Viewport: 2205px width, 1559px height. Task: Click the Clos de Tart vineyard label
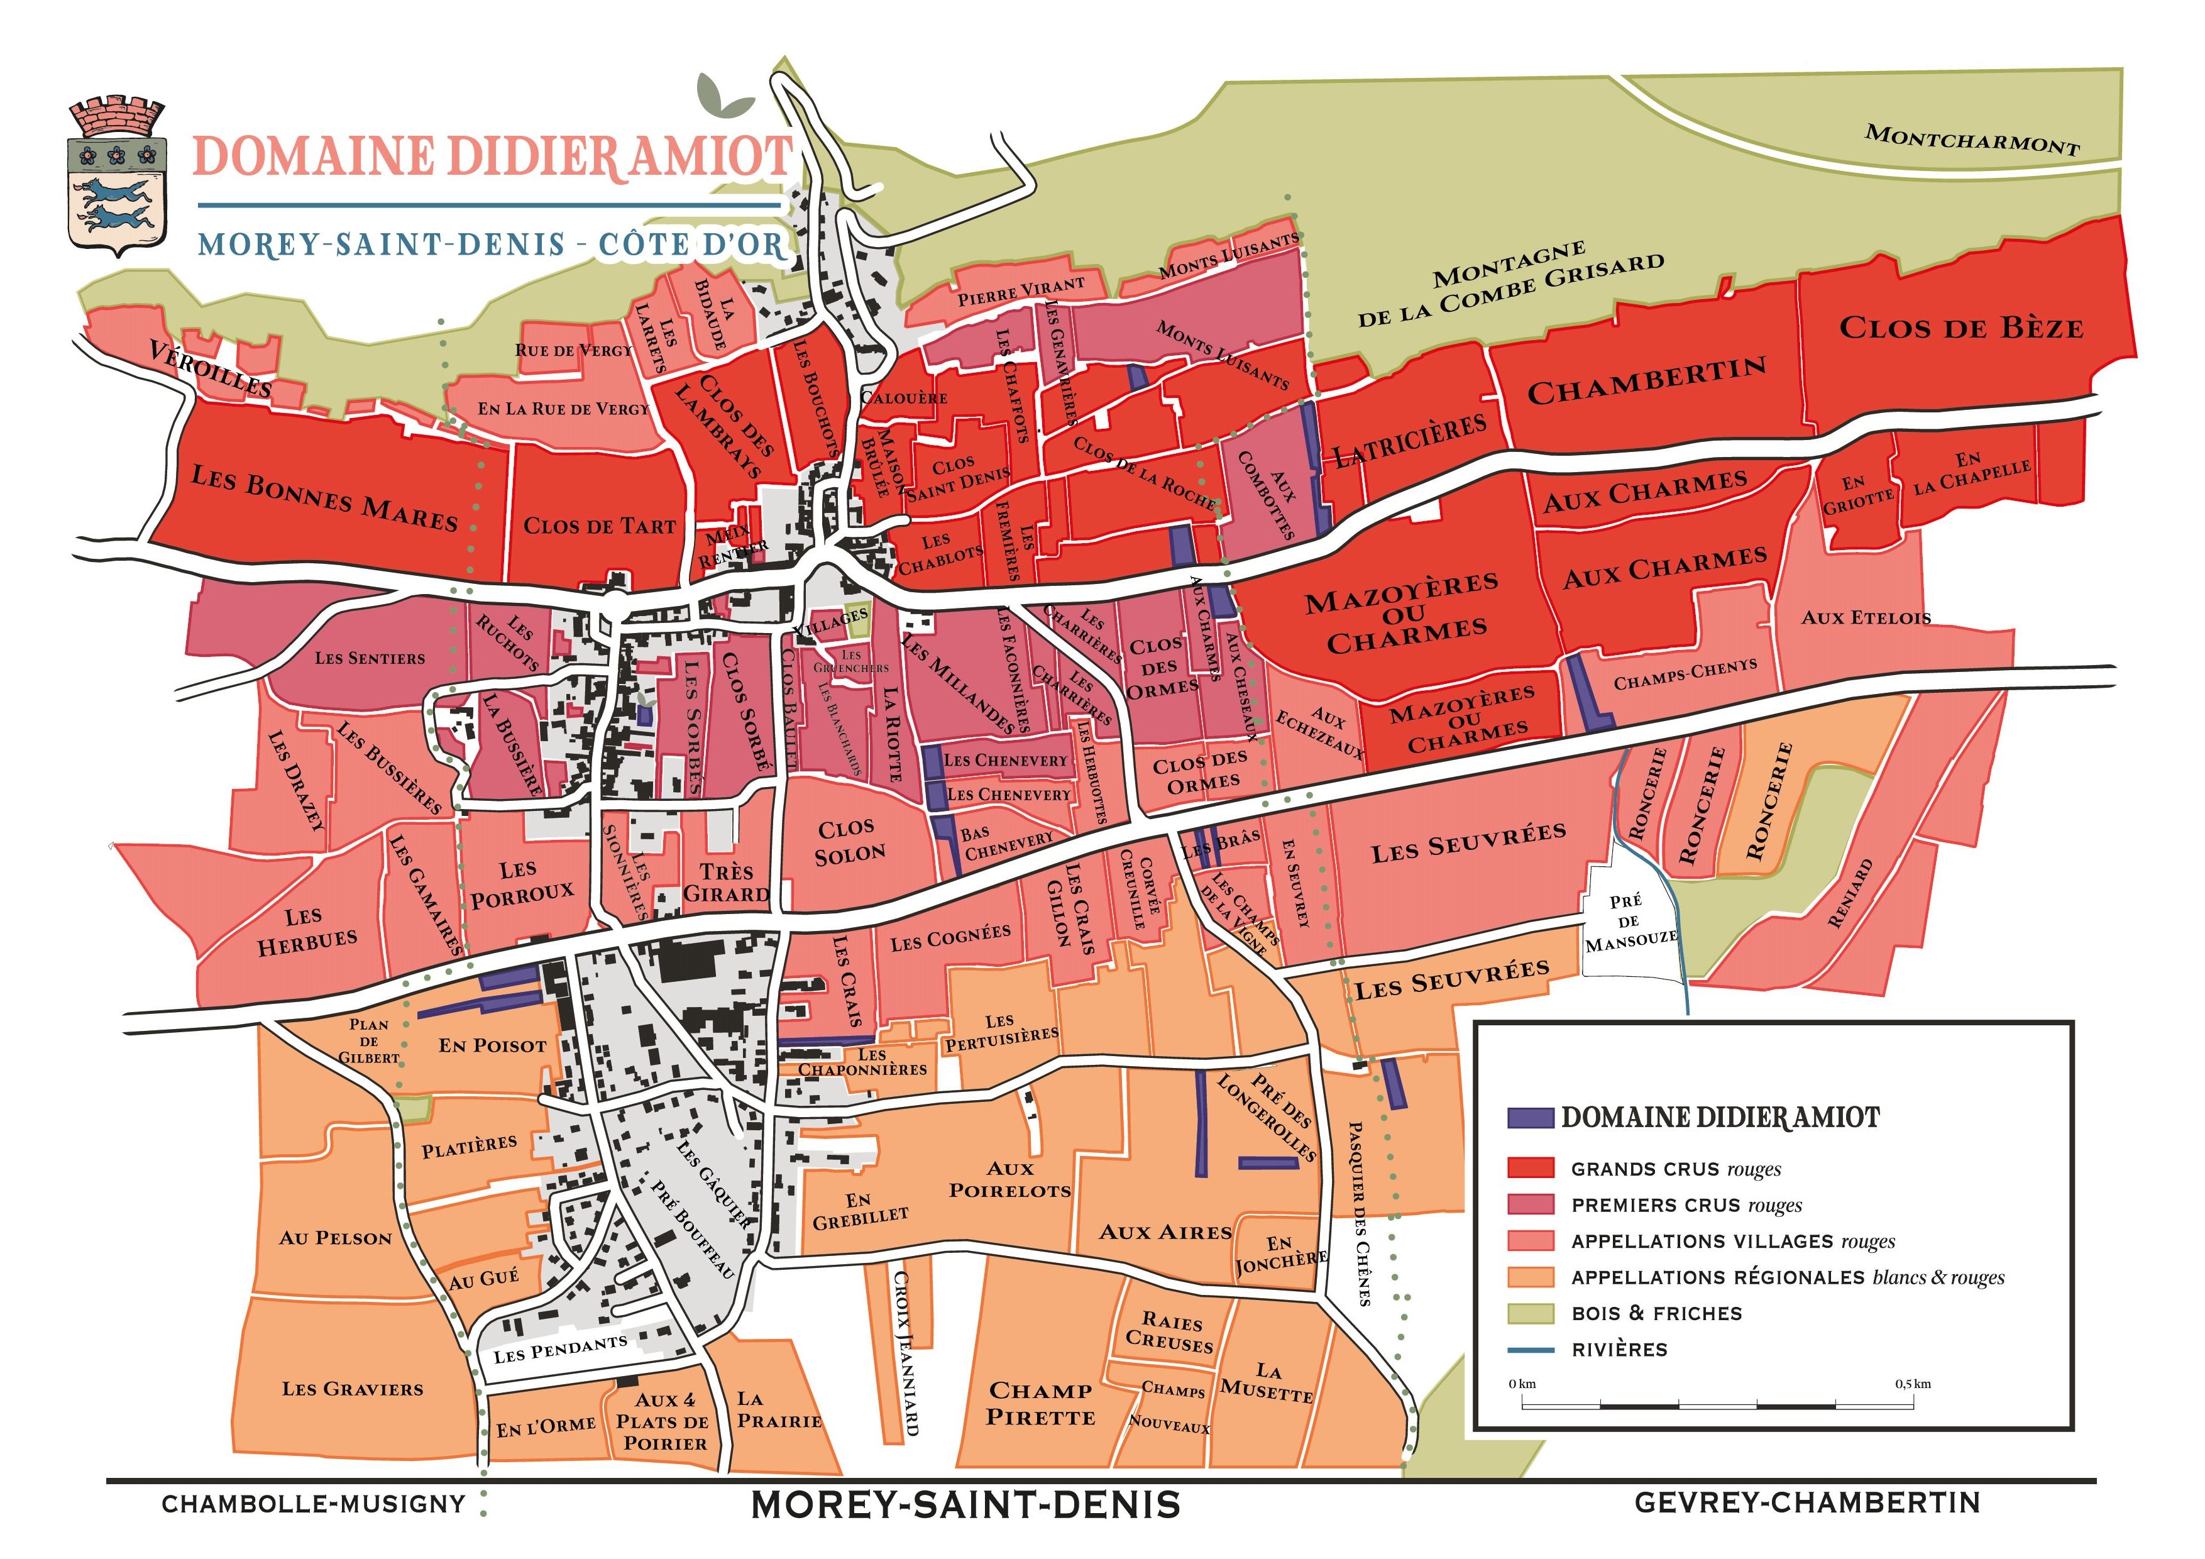click(x=598, y=526)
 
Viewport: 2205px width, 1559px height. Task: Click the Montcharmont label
click(x=1972, y=140)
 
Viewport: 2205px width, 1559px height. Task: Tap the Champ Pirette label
click(x=1040, y=1403)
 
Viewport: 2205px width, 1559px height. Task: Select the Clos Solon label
click(x=849, y=842)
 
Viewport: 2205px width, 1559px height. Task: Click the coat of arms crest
click(x=117, y=177)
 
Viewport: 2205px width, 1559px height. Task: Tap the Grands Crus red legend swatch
click(x=1531, y=1168)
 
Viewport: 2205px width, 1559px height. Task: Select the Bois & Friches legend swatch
click(x=1531, y=1312)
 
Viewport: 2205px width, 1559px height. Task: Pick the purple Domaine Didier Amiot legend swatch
click(x=1531, y=1117)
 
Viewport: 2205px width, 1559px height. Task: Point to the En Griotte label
click(x=1857, y=493)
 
